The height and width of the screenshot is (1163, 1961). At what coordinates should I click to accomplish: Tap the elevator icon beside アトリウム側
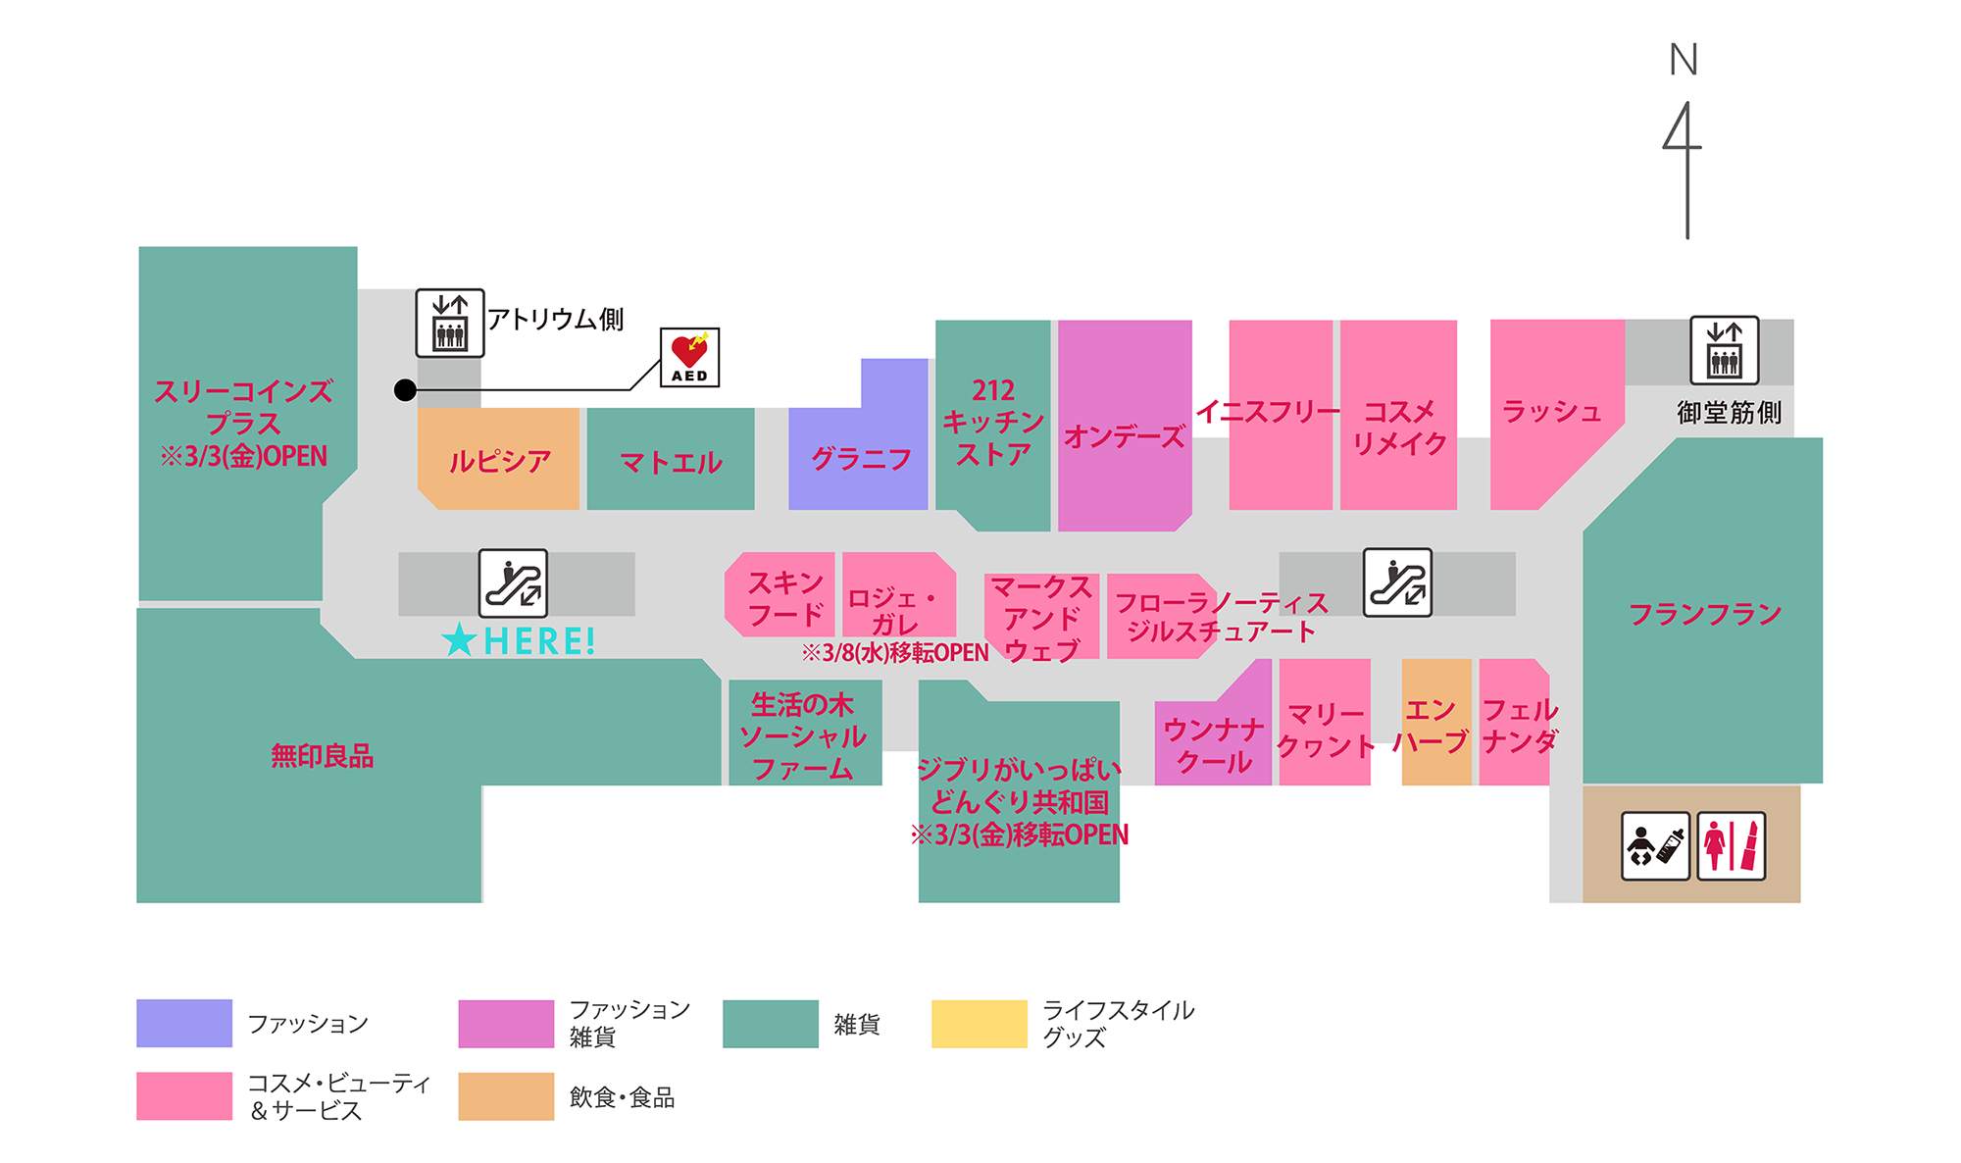[x=450, y=323]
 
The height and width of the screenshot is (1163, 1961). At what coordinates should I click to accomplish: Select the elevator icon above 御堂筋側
[x=1725, y=350]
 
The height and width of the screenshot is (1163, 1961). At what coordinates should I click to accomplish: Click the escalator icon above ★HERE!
[x=513, y=583]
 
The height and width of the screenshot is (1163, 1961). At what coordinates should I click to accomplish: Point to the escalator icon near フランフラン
[x=1397, y=582]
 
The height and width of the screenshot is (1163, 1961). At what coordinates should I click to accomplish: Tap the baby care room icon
[x=1655, y=845]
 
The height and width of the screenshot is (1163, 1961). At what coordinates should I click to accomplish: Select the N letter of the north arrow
[x=1684, y=61]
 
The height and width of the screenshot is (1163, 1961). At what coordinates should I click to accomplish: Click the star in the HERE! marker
[x=459, y=641]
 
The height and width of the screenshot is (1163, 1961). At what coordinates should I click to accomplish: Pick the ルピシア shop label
[x=499, y=461]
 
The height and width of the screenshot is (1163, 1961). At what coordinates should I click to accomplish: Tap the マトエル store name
[x=671, y=462]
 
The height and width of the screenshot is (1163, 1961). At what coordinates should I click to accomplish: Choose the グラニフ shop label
[x=861, y=459]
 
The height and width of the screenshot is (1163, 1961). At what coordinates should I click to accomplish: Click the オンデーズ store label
[x=1124, y=436]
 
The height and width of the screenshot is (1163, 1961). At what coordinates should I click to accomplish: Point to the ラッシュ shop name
[x=1551, y=412]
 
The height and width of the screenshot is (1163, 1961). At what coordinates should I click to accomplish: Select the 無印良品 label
[x=322, y=756]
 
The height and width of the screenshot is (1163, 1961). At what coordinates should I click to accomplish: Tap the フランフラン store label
[x=1704, y=615]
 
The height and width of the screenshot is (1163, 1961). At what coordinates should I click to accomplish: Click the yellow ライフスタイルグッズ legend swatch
[x=979, y=1024]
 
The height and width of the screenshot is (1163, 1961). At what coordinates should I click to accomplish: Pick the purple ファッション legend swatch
[x=184, y=1024]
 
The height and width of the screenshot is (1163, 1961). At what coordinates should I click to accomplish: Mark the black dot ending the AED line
[x=405, y=390]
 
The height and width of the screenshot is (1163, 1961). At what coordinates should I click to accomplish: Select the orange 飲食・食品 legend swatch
[x=506, y=1096]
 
